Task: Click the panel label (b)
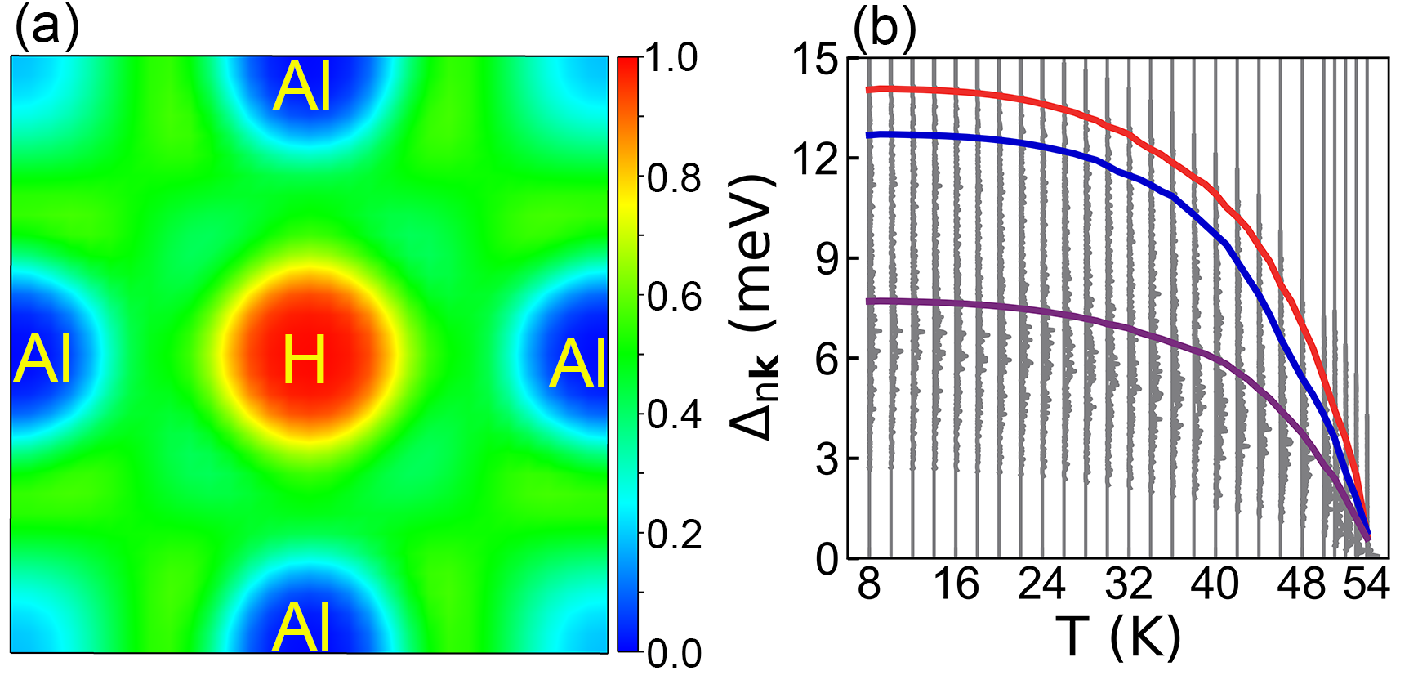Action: (884, 28)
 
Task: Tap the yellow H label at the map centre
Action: (304, 360)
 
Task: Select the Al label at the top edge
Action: (304, 87)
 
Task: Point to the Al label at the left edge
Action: (42, 360)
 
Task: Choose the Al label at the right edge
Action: (577, 365)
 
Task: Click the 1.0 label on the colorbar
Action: (673, 59)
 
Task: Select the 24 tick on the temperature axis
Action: (1041, 585)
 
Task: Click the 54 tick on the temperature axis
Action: (1367, 585)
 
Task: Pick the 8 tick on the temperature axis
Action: (869, 585)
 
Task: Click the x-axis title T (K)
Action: (1118, 637)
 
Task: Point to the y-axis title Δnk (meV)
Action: (753, 306)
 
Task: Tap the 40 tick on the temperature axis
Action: (1215, 585)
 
